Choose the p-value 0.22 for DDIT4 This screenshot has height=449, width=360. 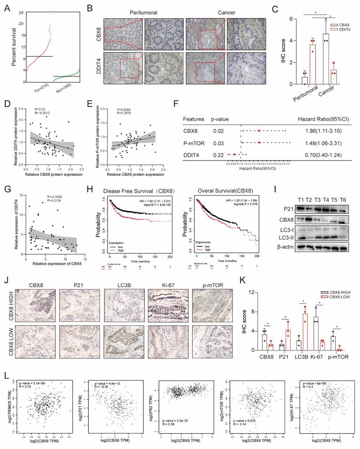tap(216, 154)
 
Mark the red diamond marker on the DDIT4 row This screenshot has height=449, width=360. tap(234, 154)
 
